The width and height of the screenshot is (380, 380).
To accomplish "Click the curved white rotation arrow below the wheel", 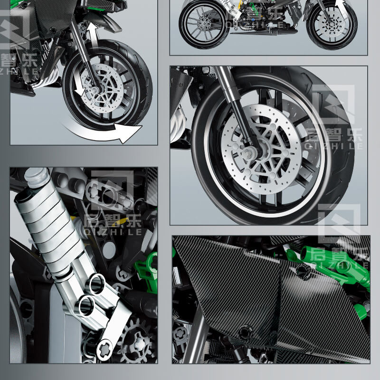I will point(102,131).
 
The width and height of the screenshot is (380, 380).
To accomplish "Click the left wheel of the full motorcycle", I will point(204,24).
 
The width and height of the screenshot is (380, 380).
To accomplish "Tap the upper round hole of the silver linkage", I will point(96,284).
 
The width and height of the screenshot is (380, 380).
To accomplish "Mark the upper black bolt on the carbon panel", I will point(303,271).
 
